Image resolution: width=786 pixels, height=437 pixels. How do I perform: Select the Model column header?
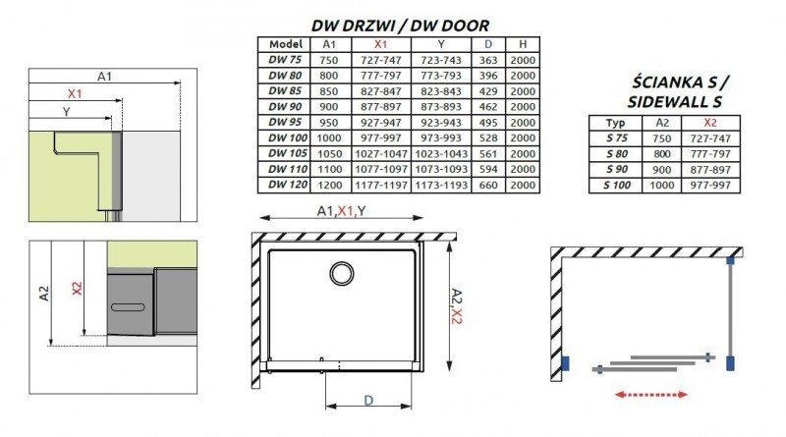click(x=282, y=44)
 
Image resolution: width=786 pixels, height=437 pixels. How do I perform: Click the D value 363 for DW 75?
click(x=488, y=60)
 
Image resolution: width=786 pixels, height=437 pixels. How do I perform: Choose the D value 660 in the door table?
click(x=488, y=185)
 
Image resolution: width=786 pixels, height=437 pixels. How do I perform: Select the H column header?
click(x=525, y=44)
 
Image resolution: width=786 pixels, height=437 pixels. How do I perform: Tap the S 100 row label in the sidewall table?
click(x=616, y=185)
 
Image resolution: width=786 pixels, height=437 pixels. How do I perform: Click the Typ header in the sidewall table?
click(x=616, y=122)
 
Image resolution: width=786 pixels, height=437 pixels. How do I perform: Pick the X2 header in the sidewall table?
click(x=712, y=122)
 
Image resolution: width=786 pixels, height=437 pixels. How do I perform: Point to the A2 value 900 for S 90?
click(x=661, y=169)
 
